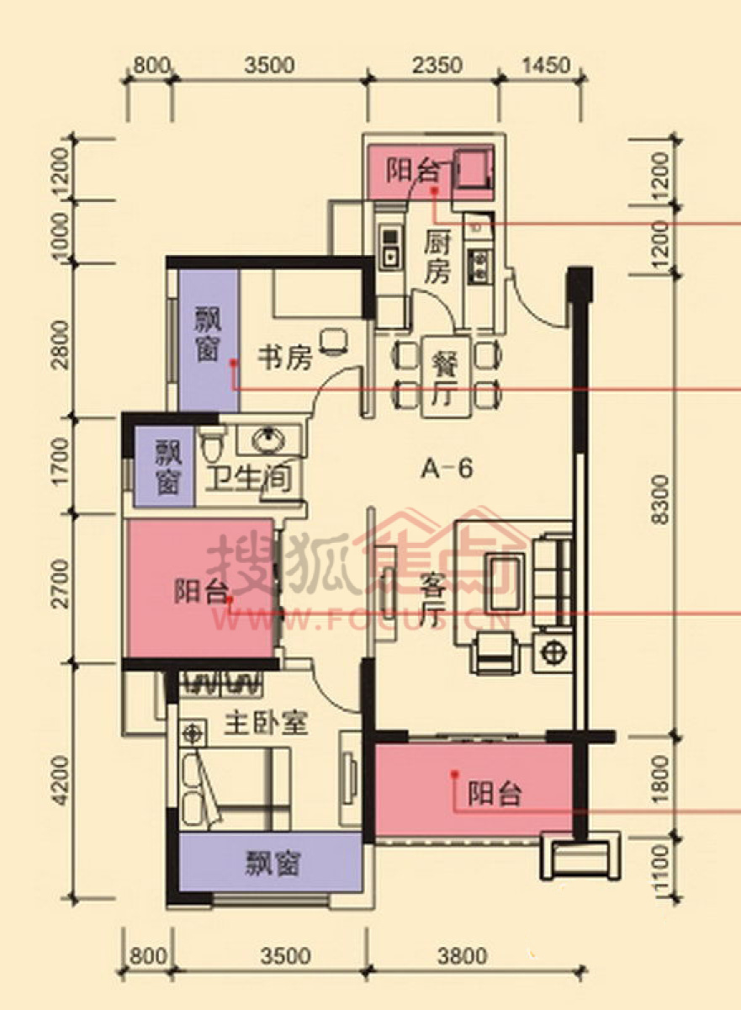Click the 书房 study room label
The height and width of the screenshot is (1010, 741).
pyautogui.click(x=285, y=359)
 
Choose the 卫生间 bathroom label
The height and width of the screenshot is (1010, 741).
pyautogui.click(x=248, y=477)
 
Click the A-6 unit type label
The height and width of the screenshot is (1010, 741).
pyautogui.click(x=447, y=469)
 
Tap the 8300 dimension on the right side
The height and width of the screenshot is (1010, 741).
pyautogui.click(x=661, y=499)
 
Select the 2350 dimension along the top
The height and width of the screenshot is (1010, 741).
pyautogui.click(x=437, y=65)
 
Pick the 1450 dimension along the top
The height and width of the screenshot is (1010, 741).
pyautogui.click(x=546, y=65)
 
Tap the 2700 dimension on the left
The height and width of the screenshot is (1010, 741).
pyautogui.click(x=61, y=584)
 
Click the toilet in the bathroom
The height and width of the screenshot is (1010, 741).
pyautogui.click(x=212, y=444)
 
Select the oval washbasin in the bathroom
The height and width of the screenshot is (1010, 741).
pyautogui.click(x=268, y=439)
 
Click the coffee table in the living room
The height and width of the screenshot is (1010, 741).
pyautogui.click(x=505, y=585)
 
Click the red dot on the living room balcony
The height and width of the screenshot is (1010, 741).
pyautogui.click(x=454, y=773)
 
